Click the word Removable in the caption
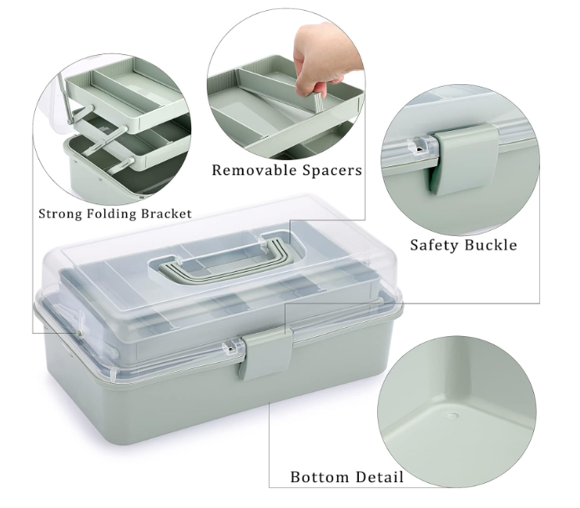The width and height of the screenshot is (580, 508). (255, 170)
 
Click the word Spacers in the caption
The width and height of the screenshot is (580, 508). (332, 170)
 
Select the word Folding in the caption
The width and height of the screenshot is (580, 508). (111, 214)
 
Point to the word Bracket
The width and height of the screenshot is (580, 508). (166, 214)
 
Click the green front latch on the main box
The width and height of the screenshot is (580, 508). (266, 354)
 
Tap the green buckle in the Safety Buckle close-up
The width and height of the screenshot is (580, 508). (463, 159)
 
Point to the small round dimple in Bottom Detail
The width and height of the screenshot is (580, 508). (451, 415)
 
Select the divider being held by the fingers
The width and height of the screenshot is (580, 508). (319, 102)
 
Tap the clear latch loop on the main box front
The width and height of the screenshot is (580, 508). (231, 348)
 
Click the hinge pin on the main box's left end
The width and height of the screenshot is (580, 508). (78, 333)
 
